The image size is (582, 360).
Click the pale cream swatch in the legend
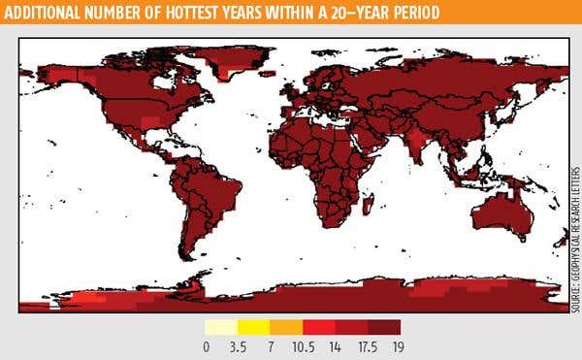point(223,327)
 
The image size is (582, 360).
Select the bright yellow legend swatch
point(255,327)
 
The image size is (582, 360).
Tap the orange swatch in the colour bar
point(287,327)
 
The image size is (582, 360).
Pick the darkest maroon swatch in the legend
point(384,327)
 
